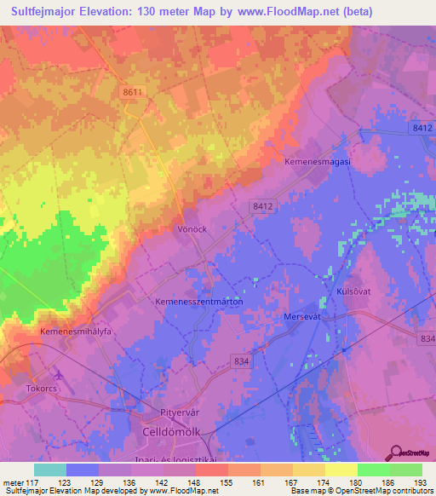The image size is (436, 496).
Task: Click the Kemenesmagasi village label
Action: [x=317, y=160]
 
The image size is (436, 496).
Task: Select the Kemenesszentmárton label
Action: [x=199, y=302]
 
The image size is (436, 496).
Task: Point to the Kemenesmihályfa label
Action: [x=76, y=331]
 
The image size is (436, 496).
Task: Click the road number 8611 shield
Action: [x=132, y=92]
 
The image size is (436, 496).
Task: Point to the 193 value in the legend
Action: [x=421, y=482]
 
